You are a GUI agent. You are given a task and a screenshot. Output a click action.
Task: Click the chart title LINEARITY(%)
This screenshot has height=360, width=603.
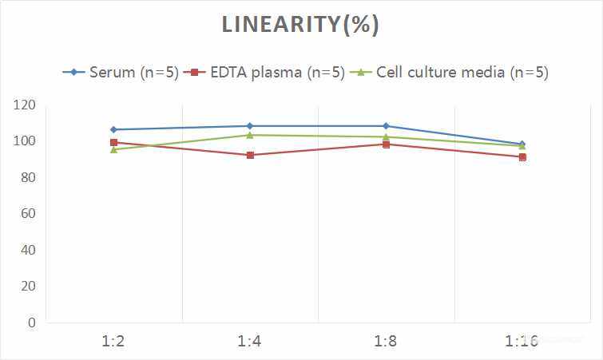point(300,25)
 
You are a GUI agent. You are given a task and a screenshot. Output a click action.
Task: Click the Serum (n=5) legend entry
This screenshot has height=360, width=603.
point(121,73)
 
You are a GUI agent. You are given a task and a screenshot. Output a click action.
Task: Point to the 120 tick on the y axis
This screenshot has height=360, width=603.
point(25,105)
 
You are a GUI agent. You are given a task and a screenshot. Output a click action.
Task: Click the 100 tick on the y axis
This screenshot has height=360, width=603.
point(25,141)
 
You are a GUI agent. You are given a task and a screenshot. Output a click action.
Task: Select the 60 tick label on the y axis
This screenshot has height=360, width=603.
point(28,214)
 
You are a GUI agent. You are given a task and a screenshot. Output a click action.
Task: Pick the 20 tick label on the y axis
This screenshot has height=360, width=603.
point(28,287)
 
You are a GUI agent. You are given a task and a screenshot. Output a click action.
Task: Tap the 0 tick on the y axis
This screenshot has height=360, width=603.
point(31,323)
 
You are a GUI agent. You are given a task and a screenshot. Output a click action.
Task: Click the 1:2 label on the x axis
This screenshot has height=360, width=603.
point(113,342)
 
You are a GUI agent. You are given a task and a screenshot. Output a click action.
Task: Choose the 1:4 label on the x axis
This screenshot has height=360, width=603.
point(250,342)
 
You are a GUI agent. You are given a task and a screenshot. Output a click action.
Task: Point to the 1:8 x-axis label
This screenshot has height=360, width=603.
point(386,342)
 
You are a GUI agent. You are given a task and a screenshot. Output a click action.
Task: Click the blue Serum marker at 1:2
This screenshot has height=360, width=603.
point(113,129)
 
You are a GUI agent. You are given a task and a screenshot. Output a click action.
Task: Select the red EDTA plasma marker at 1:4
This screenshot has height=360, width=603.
point(250,155)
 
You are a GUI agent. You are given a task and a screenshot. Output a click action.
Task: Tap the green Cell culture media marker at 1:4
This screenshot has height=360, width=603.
point(250,135)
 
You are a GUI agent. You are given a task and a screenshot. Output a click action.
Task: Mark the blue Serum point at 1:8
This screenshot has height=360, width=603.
point(386,126)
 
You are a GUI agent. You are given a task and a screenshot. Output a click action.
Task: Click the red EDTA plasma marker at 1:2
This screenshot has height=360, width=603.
point(113,143)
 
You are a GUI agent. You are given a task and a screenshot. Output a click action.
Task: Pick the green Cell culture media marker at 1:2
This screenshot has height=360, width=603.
point(113,149)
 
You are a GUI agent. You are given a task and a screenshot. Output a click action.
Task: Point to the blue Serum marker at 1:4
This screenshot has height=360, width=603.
point(250,126)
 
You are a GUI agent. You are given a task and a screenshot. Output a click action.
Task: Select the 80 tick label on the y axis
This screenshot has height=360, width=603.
point(28,178)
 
